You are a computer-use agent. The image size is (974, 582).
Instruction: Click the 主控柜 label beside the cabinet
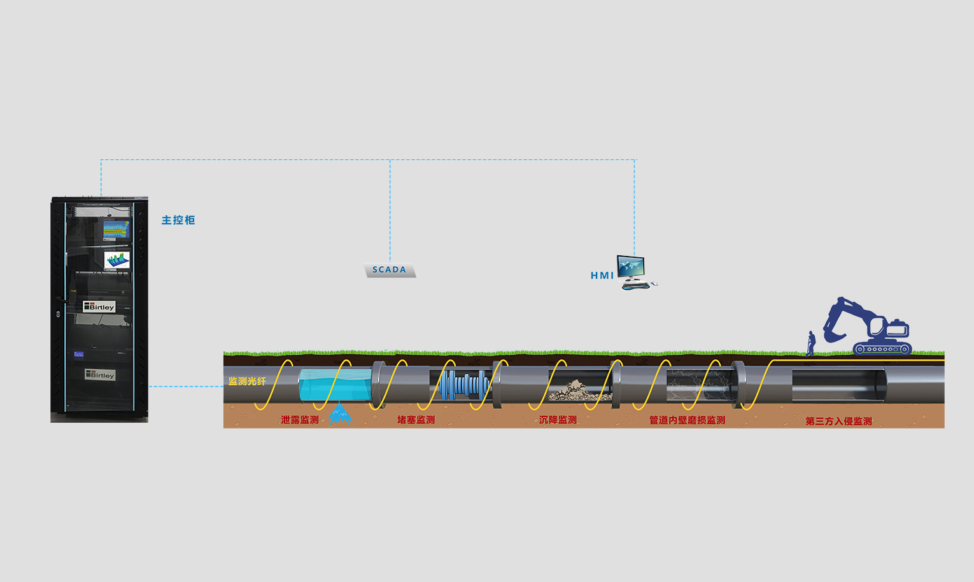pos(178,220)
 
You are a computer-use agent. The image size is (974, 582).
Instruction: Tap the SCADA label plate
pos(390,270)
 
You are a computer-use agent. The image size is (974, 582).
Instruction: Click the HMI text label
pos(602,275)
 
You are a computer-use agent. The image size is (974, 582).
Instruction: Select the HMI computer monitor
pos(631,267)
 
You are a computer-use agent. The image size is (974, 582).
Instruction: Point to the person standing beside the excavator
pos(810,343)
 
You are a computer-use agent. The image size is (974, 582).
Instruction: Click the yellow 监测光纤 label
pos(248,381)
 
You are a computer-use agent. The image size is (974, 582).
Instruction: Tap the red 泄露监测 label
pos(300,420)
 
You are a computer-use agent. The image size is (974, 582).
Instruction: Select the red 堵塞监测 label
pos(416,420)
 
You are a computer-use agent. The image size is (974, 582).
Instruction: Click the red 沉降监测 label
pos(558,420)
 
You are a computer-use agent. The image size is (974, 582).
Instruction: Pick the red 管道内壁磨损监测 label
pos(688,420)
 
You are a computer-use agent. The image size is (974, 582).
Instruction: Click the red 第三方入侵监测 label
pos(839,421)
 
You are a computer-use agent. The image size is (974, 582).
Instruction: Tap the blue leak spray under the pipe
pos(340,414)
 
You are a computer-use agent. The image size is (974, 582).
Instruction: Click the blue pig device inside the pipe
pos(464,385)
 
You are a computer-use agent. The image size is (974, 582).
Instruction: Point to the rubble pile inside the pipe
pos(579,390)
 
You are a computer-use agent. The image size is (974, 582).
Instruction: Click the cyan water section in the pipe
pos(335,385)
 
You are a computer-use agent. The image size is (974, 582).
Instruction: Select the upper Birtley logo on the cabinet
pos(99,307)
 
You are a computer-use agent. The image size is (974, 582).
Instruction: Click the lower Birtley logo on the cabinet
pos(101,375)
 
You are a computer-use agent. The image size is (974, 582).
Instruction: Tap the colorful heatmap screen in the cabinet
pos(116,230)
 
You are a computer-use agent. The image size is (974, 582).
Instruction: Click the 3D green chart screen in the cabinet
pos(117,260)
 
